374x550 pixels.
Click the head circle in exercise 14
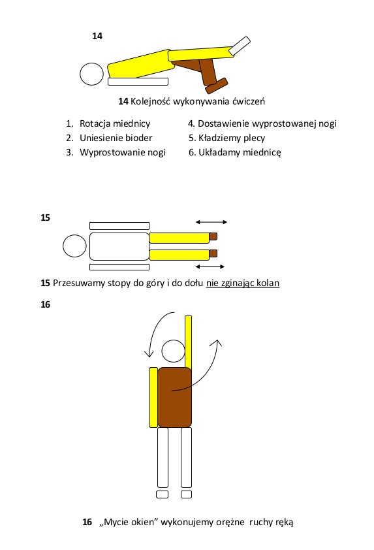pos(92,74)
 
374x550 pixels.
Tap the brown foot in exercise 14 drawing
pos(217,86)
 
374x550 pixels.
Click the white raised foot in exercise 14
pos(240,46)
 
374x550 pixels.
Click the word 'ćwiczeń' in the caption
pos(249,101)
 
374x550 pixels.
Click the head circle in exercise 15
pos(74,246)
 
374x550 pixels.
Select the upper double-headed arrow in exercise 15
pos(211,222)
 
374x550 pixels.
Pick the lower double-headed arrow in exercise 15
pos(210,267)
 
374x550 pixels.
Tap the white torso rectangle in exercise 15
pos(119,246)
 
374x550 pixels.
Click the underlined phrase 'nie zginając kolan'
pos(243,283)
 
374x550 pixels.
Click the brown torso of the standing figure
pos(174,397)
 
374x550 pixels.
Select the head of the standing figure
pos(174,351)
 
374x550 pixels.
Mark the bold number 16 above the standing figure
pos(45,304)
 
